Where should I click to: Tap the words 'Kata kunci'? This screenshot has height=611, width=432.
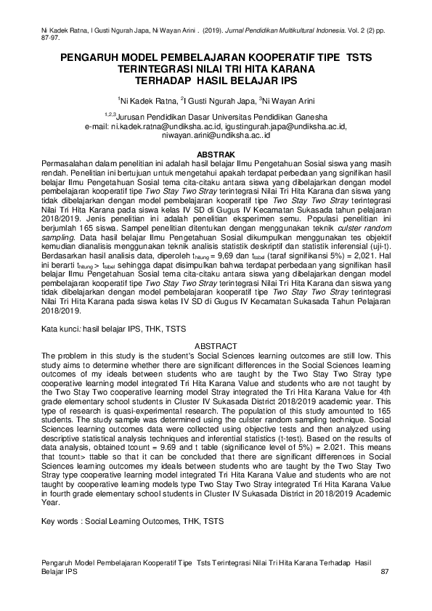pyautogui.click(x=62, y=329)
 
